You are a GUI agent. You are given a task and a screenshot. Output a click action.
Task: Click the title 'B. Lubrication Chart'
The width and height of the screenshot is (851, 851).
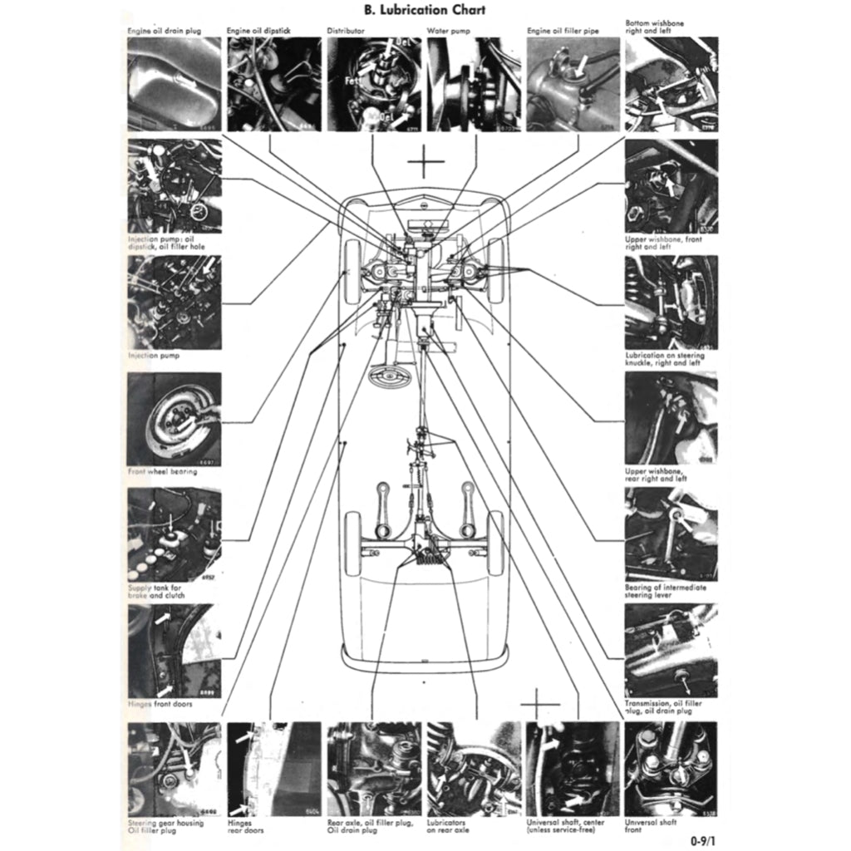425,10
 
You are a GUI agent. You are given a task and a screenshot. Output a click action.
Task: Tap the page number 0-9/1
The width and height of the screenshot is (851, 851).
705,839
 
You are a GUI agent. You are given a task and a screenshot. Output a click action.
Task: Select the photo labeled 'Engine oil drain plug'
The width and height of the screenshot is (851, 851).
174,84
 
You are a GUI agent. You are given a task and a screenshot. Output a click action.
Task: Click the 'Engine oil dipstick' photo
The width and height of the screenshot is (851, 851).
273,84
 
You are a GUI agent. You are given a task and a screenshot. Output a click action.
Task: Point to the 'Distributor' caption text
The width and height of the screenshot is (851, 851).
345,31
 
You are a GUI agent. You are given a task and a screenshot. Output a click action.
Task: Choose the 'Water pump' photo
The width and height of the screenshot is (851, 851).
473,84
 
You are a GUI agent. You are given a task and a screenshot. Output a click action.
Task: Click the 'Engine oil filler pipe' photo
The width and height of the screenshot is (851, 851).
573,84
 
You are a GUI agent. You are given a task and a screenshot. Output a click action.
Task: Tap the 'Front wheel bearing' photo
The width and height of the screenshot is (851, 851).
174,419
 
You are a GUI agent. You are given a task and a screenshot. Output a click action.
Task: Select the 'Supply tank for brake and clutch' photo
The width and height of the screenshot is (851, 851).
174,534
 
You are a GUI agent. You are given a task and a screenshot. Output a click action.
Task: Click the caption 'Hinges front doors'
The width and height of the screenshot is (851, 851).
163,703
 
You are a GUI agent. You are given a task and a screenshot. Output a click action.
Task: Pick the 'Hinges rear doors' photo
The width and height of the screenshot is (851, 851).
273,769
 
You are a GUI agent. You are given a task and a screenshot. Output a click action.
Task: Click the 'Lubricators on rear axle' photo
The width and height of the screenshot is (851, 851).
473,769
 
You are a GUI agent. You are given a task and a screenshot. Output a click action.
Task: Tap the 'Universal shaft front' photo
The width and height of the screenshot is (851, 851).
671,769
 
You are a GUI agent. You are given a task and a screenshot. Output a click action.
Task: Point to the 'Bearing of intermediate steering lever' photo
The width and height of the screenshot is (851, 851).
671,534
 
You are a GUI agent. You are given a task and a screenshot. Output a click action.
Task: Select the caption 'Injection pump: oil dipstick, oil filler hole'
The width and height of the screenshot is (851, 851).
166,243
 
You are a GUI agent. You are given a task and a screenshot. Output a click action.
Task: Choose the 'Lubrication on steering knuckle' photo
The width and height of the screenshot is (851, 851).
671,303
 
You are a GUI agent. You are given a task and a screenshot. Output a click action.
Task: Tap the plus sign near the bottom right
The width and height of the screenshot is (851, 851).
540,705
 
